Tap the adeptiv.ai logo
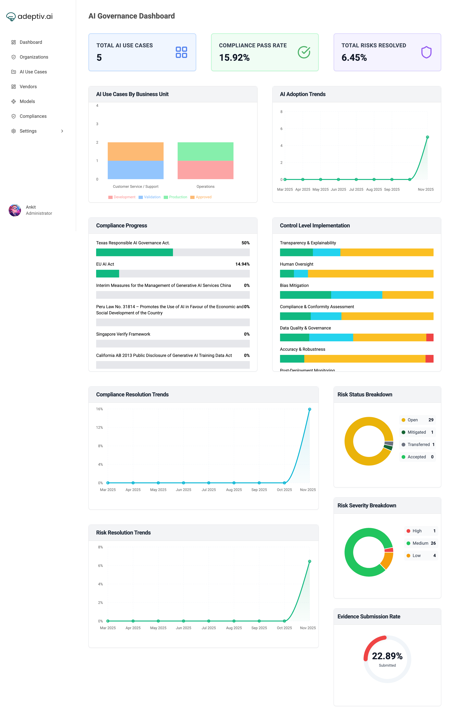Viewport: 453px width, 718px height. (29, 16)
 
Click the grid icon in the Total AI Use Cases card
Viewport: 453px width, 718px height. (181, 52)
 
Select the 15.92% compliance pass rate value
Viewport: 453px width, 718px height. (234, 58)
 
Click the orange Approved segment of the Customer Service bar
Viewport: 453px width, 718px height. (135, 151)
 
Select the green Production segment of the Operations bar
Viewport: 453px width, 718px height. (205, 151)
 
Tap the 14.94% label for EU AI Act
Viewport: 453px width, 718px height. (242, 264)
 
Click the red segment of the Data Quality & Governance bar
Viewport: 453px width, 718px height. (430, 337)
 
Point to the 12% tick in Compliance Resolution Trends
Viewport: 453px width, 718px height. (99, 428)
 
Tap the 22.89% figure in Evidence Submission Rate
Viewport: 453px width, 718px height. (387, 656)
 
